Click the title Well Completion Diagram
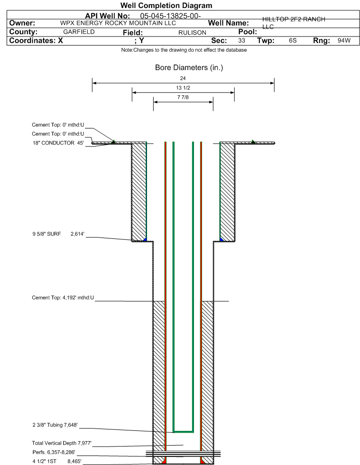(166, 6)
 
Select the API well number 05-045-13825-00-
(170, 16)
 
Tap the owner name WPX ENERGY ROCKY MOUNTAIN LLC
(118, 23)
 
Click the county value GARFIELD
(79, 32)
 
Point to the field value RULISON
(192, 33)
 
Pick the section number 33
(241, 40)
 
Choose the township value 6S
(293, 40)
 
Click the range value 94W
(344, 40)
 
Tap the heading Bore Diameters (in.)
(189, 68)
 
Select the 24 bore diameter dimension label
(183, 78)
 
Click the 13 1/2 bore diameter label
(183, 88)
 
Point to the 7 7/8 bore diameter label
(183, 97)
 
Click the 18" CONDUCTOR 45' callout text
(58, 143)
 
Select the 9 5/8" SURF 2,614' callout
(58, 234)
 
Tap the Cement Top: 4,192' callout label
(63, 298)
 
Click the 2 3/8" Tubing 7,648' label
(55, 425)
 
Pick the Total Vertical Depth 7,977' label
(62, 443)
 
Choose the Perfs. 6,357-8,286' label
(54, 452)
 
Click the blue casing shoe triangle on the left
(145, 239)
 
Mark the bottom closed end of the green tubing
(184, 431)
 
